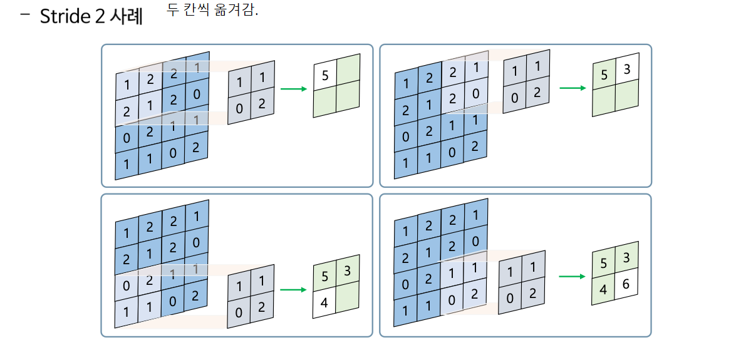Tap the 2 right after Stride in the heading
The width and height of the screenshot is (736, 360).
[x=100, y=17]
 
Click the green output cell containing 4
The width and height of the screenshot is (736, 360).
[x=603, y=291]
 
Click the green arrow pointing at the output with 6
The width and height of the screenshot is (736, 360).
[x=572, y=276]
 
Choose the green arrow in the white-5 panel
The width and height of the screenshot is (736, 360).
[x=293, y=89]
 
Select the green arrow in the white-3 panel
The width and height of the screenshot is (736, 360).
[x=572, y=88]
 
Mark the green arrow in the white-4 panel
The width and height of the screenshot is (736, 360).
[x=293, y=289]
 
